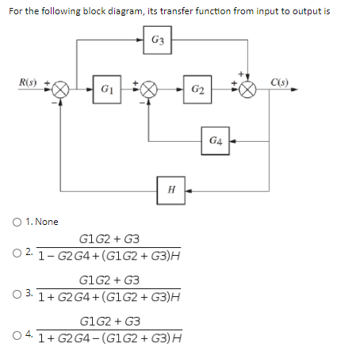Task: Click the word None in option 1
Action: coord(46,222)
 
